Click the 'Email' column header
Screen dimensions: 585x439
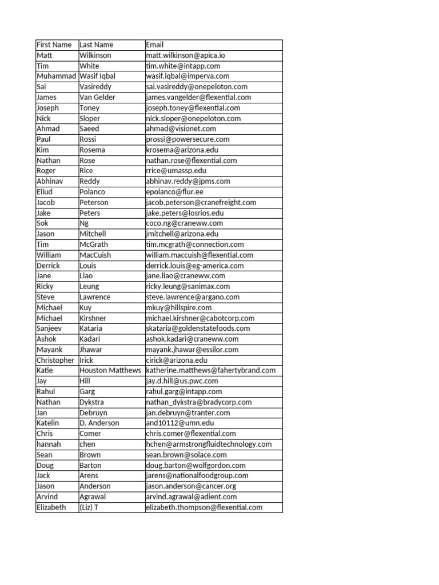pos(155,45)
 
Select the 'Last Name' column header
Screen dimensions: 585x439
pos(97,45)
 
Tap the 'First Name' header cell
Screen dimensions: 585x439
pos(54,45)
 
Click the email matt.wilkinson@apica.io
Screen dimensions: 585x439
pos(185,55)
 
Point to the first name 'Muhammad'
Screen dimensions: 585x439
pos(56,77)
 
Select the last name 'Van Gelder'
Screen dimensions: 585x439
pos(97,98)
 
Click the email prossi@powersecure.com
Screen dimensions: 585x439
pos(187,139)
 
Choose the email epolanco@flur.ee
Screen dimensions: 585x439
pos(174,192)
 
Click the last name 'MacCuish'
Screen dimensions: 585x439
pos(95,255)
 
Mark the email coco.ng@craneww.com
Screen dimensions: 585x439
pos(184,223)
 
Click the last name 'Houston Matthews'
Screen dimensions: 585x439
pos(110,371)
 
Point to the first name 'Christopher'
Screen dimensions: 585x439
pos(55,360)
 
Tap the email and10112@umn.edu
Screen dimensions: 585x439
pos(179,423)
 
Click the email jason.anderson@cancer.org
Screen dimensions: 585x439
pos(191,486)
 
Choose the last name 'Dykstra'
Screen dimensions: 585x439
pos(93,402)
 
